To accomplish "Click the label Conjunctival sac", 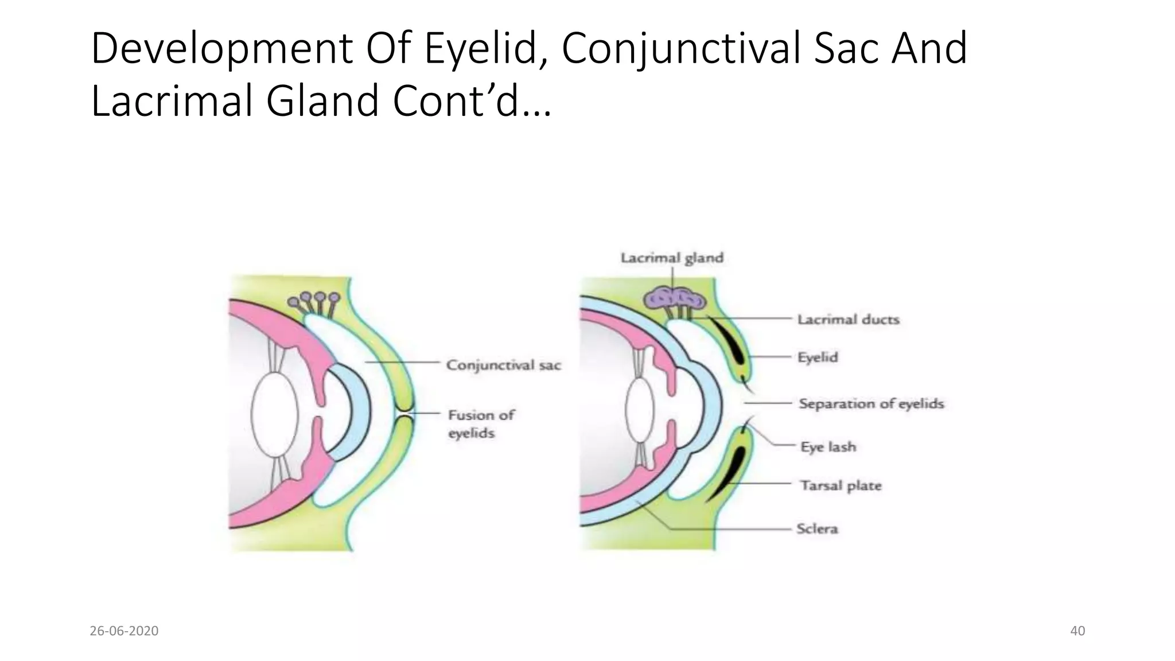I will click(x=503, y=365).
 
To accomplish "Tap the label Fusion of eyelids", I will click(x=481, y=423).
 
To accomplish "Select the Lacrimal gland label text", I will click(x=672, y=258).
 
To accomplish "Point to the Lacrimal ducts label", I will click(x=848, y=319).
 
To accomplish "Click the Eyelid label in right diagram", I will click(x=818, y=357).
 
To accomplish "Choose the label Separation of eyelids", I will click(x=871, y=403).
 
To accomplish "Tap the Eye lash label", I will click(x=828, y=446).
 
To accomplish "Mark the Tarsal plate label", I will click(x=841, y=485).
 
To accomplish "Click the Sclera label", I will click(x=817, y=528).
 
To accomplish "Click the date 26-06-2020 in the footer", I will click(x=124, y=631).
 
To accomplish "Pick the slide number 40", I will click(x=1077, y=631).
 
